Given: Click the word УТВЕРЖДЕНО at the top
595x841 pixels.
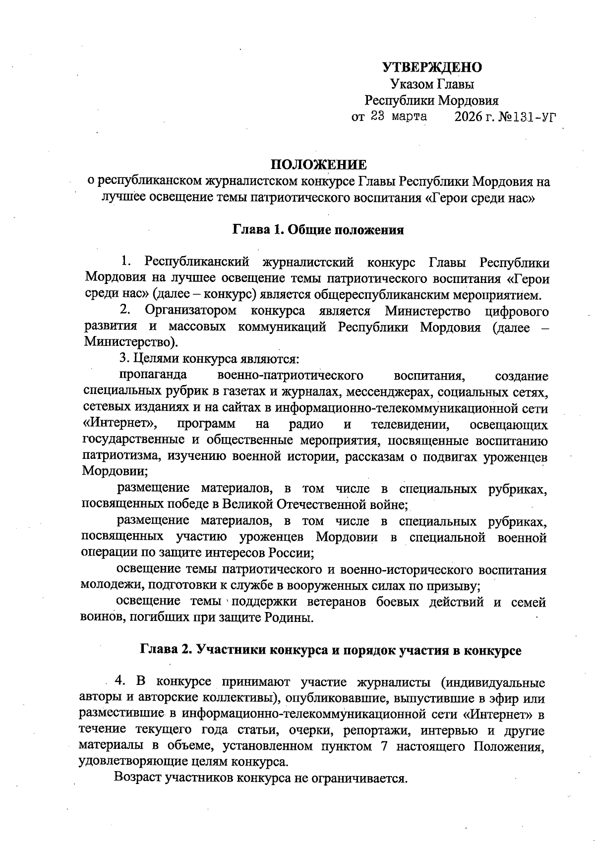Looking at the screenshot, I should (432, 67).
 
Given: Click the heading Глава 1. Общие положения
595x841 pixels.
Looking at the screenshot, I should (318, 230).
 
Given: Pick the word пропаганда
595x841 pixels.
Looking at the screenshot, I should (152, 375).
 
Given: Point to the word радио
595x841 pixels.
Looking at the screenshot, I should (306, 424).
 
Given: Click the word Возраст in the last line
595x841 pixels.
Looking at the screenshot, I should (137, 778).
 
